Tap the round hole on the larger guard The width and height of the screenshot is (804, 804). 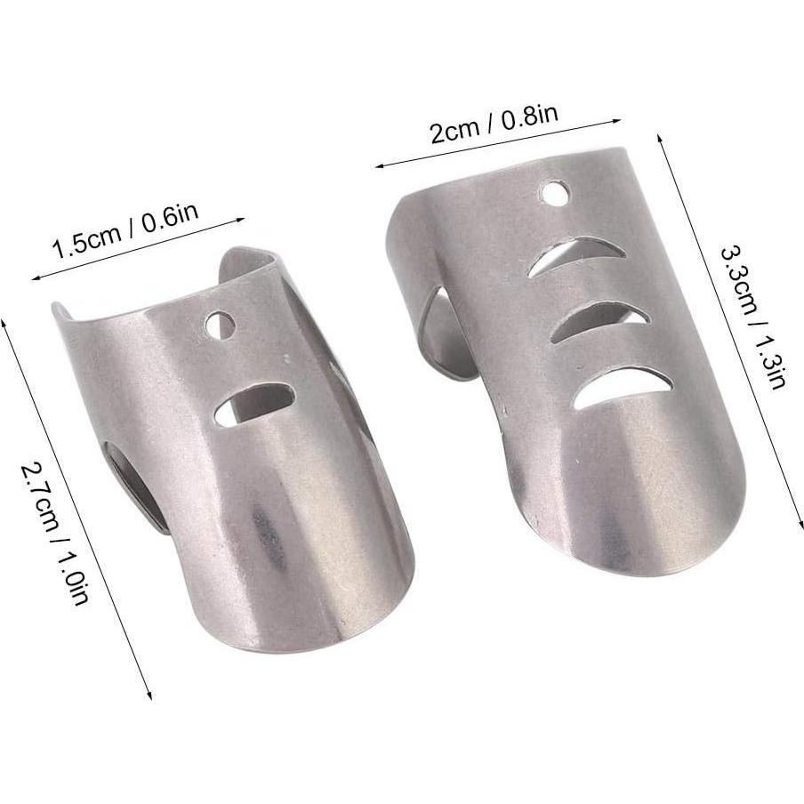(556, 191)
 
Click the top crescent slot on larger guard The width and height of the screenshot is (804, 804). (564, 255)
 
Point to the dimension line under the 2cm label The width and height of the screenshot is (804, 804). (498, 142)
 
